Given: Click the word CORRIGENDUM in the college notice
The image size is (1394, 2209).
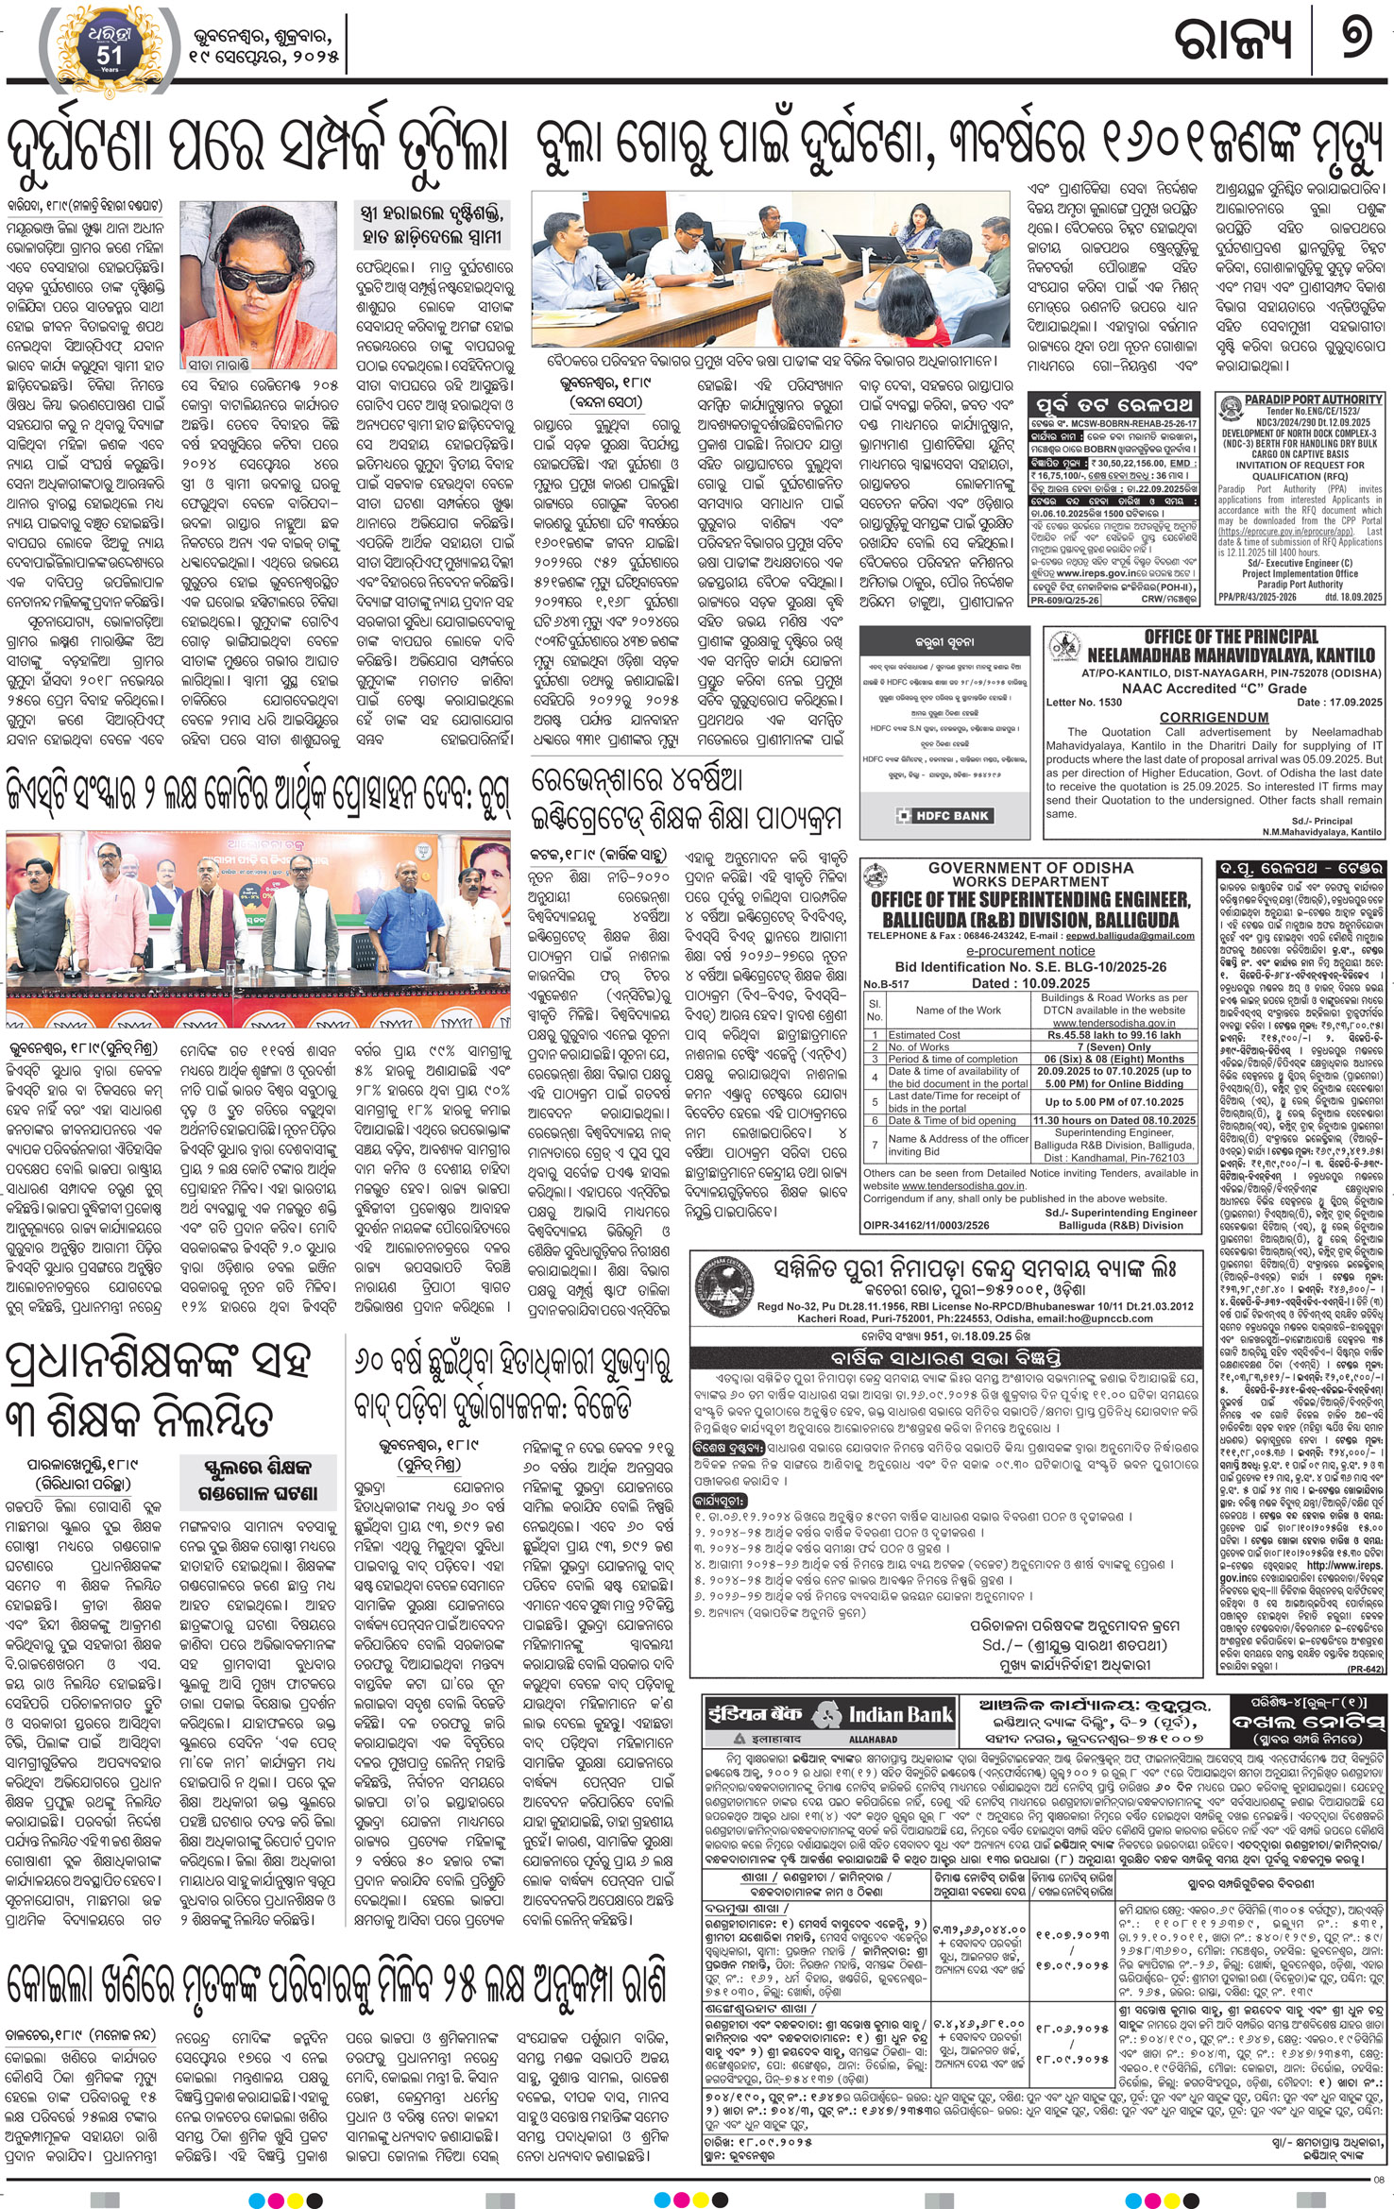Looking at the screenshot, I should [1214, 718].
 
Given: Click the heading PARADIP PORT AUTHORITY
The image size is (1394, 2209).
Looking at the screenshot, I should [1313, 400].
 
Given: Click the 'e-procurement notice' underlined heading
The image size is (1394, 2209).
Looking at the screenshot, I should [1029, 951].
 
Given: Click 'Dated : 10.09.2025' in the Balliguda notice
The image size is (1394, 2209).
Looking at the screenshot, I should [1029, 982].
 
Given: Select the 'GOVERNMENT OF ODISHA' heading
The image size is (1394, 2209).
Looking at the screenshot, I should [1029, 867].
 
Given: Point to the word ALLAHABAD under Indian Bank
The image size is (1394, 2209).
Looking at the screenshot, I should [873, 1739].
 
